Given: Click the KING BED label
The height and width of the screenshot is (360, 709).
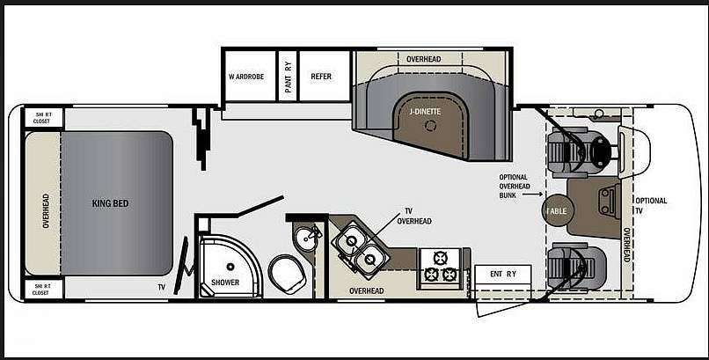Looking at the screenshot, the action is (110, 203).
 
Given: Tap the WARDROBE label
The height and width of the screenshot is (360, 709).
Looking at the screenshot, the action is (246, 77).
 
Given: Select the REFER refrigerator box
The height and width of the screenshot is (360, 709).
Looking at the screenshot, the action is (325, 76).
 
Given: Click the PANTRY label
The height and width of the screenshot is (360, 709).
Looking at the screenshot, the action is (288, 77).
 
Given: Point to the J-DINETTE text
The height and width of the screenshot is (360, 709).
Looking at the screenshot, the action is (425, 112).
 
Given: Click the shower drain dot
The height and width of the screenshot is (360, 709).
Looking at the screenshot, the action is (230, 266).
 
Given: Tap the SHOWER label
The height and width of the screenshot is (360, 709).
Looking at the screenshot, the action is (225, 283).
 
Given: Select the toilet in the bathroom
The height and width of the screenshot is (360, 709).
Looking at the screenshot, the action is (287, 274).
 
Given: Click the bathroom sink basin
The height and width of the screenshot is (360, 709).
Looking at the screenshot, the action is (309, 237).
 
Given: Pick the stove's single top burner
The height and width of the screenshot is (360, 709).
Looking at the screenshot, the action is (440, 258).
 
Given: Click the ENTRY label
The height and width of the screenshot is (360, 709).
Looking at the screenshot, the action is (503, 274).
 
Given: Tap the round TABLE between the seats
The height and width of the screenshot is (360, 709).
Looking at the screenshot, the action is (557, 211).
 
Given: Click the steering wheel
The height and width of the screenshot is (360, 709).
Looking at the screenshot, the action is (601, 151).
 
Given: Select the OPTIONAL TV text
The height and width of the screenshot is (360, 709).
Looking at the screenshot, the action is (651, 205).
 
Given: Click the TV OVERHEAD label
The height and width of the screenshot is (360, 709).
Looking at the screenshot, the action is (414, 217).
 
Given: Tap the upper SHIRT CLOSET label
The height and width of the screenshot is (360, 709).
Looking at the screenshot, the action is (44, 118).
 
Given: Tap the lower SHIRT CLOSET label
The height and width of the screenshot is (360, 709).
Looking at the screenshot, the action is (40, 290).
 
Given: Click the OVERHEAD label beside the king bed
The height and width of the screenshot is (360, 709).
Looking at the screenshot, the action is (46, 210).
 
